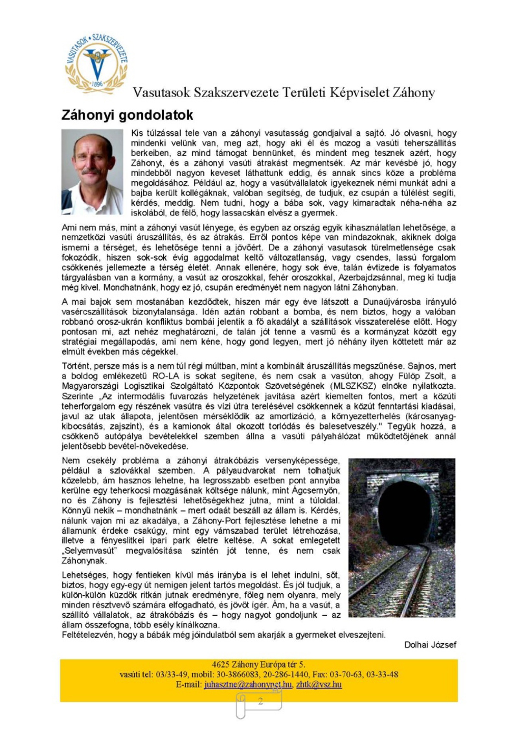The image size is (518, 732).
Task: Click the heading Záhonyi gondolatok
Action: click(127, 115)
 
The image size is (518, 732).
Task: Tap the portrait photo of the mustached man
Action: click(92, 172)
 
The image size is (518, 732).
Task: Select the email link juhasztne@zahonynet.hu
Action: click(248, 684)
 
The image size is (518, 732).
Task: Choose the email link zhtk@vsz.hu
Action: click(319, 684)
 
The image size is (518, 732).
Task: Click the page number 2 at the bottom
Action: click(260, 701)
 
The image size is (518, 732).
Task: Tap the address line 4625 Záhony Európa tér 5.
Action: click(258, 664)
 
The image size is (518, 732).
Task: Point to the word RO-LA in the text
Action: click(166, 376)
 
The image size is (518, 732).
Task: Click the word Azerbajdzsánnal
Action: click(370, 278)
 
